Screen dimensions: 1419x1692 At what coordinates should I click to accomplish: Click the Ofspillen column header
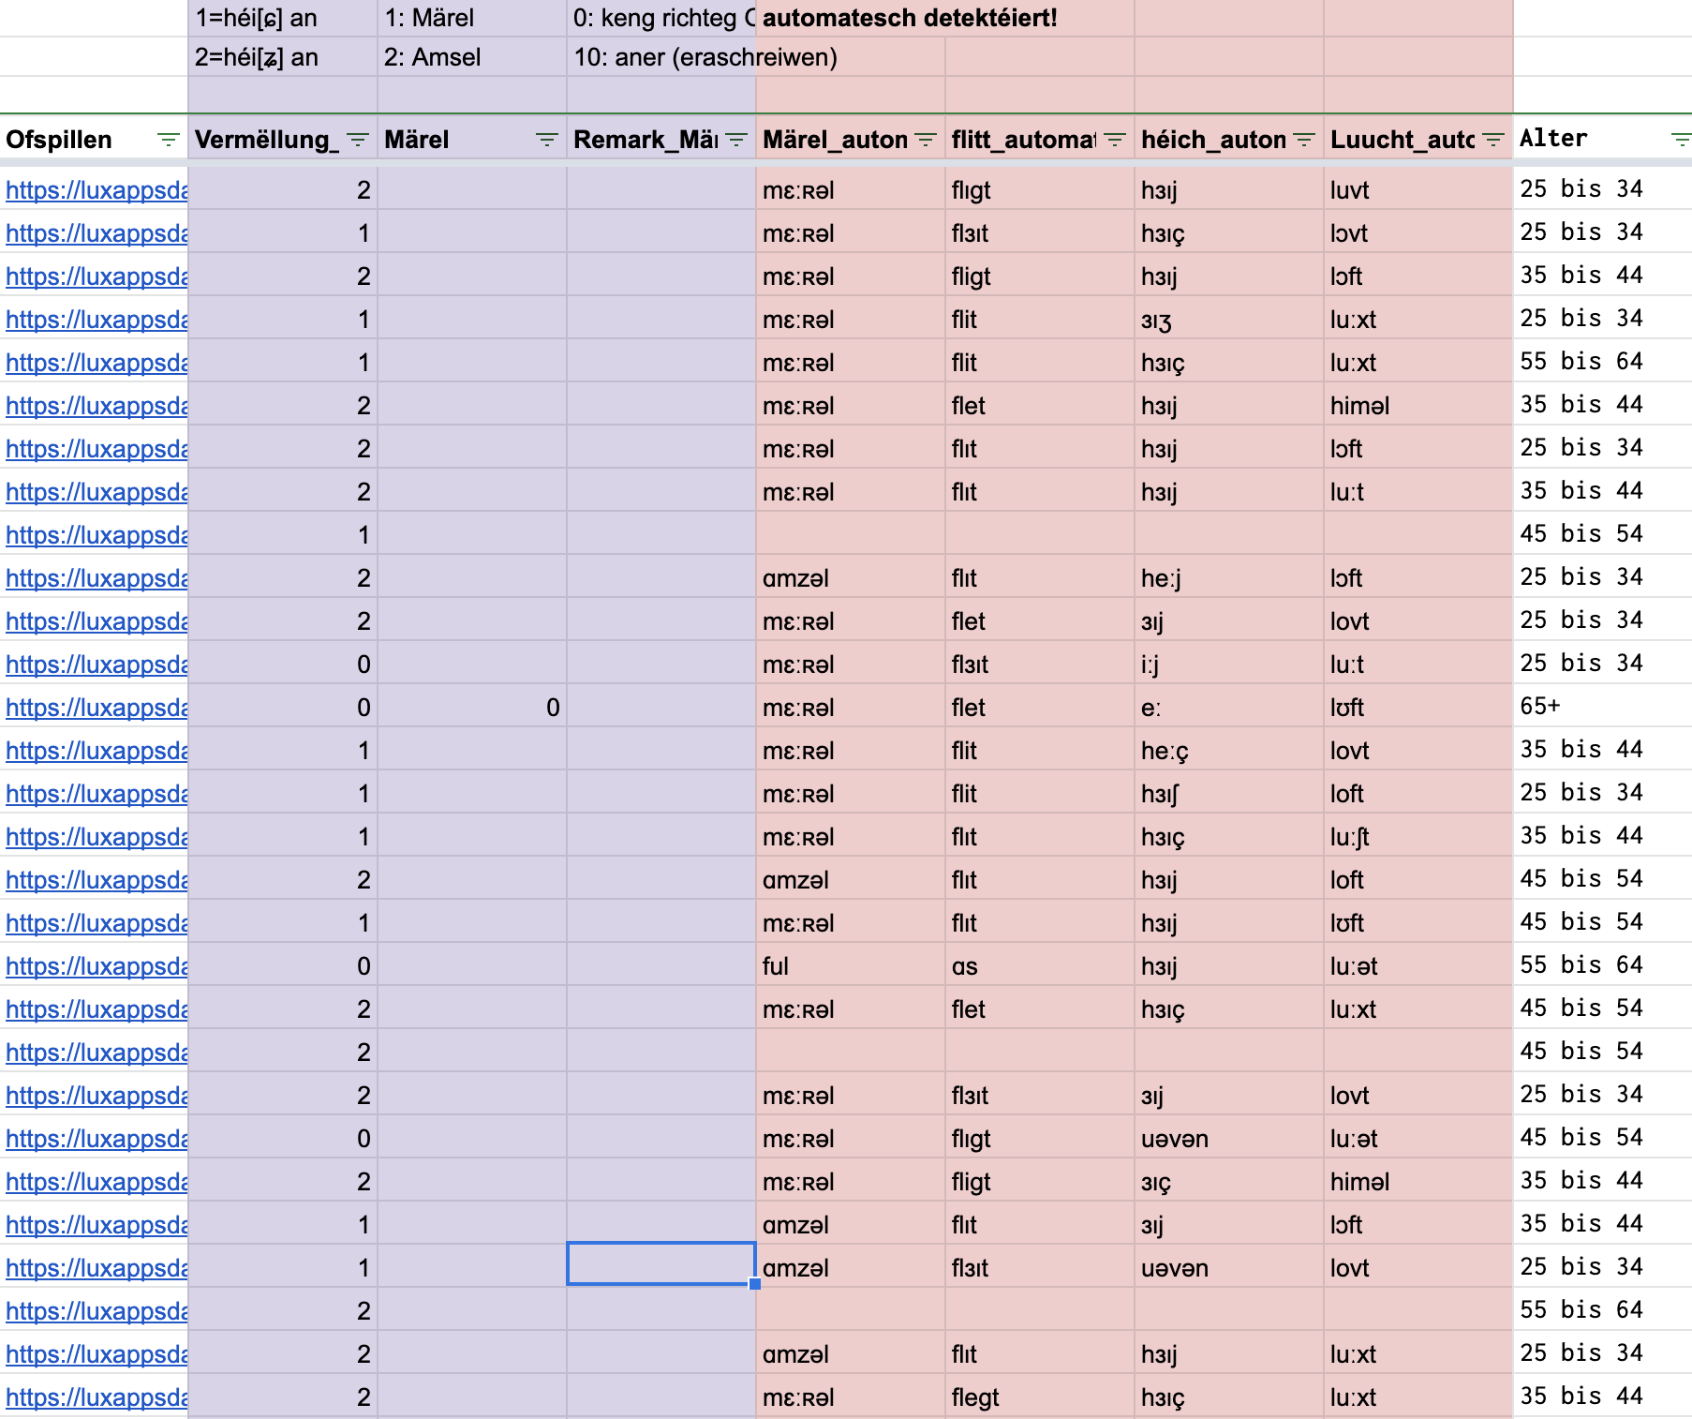pos(59,140)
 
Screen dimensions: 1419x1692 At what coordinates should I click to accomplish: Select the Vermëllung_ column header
pos(262,140)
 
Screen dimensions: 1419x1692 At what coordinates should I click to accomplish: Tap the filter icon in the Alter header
pos(1681,140)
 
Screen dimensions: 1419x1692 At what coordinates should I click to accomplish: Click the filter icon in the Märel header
pos(546,140)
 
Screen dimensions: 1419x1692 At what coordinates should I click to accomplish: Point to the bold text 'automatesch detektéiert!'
pos(910,18)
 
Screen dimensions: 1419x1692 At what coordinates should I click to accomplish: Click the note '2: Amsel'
pos(432,57)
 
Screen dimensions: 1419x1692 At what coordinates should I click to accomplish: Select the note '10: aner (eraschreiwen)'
pos(705,57)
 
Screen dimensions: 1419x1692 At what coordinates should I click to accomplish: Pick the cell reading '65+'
pos(1540,706)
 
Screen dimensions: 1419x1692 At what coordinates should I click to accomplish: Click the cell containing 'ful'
pos(776,966)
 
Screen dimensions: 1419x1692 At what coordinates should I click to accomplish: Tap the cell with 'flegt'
pos(974,1397)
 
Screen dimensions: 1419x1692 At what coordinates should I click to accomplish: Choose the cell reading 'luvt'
pos(1349,190)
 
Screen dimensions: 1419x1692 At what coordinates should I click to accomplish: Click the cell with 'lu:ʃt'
pos(1349,837)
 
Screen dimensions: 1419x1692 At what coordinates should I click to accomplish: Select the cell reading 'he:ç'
pos(1165,751)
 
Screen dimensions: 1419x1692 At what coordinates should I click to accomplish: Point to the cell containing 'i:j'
pos(1150,665)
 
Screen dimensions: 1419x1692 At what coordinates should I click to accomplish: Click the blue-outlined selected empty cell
pos(660,1264)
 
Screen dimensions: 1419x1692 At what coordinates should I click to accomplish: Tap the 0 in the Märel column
pos(553,708)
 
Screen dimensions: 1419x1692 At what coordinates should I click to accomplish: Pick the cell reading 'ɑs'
pos(964,966)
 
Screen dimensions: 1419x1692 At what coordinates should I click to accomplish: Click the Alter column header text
pos(1553,139)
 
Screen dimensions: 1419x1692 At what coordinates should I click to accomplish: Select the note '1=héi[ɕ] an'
pos(256,18)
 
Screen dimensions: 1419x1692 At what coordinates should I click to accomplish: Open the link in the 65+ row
pos(96,708)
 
